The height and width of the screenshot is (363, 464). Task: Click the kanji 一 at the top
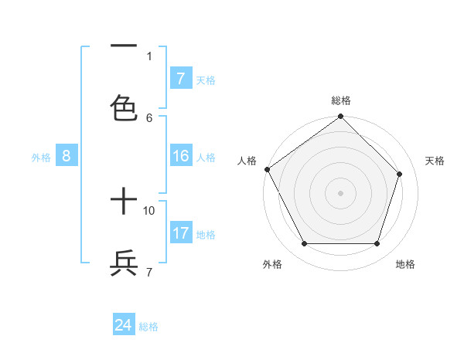(x=124, y=46)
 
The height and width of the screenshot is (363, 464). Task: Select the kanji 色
(x=124, y=107)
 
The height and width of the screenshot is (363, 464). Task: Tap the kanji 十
(x=124, y=203)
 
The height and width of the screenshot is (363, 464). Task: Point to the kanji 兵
(x=124, y=263)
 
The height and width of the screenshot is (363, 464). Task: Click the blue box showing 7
(x=180, y=79)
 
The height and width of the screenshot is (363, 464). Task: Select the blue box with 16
(x=180, y=156)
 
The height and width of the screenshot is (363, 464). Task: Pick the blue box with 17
(x=180, y=233)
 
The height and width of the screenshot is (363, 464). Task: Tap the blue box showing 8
(x=66, y=156)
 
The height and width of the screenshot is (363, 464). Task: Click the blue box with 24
(x=123, y=325)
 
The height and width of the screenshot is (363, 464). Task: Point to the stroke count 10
(x=149, y=210)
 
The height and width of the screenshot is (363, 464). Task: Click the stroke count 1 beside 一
(x=149, y=56)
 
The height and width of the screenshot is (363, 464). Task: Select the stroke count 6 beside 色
(x=149, y=117)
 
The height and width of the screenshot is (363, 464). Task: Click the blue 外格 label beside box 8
(x=41, y=158)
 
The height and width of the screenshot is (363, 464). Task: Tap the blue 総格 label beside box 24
(x=148, y=327)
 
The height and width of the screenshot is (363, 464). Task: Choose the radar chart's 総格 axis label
(x=340, y=100)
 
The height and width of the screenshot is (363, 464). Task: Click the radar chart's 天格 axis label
(x=435, y=161)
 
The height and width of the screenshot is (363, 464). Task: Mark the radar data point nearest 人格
(x=268, y=169)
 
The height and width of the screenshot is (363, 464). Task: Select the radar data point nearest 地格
(x=377, y=244)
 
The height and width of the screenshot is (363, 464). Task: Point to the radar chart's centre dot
(x=340, y=193)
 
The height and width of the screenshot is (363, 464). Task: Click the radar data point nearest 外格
(x=304, y=244)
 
